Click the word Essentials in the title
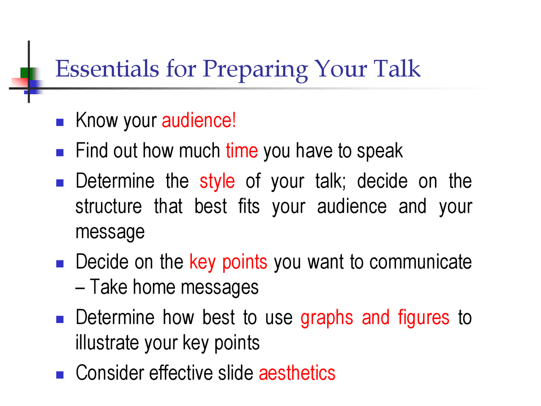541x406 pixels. point(107,69)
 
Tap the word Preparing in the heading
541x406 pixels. point(255,69)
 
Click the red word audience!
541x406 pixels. point(199,121)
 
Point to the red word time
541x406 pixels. point(242,151)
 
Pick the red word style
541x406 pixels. point(217,181)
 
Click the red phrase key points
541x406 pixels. point(228,262)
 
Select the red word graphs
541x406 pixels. point(327,318)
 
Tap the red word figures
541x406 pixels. point(424,318)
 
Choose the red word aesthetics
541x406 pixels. point(297,373)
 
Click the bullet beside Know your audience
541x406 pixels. point(60,123)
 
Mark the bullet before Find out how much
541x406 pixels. point(60,153)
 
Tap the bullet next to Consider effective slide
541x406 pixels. point(60,375)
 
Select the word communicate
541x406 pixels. point(421,262)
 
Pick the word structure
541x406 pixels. point(109,207)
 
